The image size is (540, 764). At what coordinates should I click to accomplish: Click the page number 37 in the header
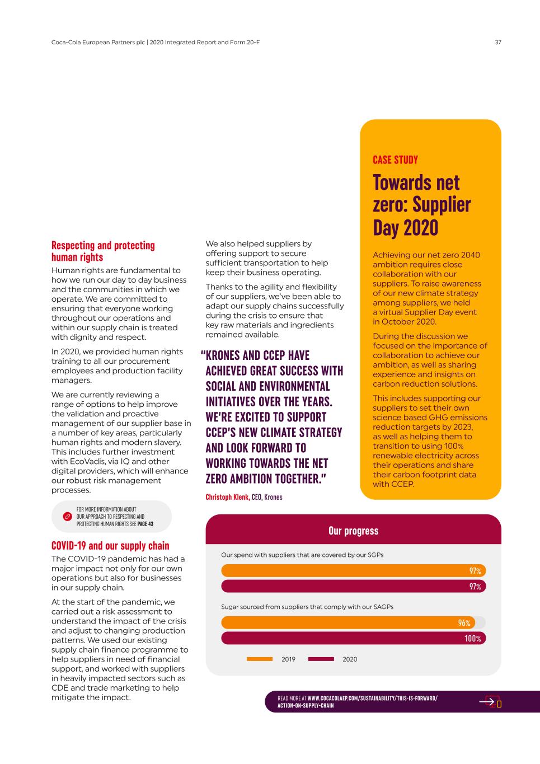[498, 42]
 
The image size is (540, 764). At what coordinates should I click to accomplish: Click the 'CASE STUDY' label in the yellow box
[395, 160]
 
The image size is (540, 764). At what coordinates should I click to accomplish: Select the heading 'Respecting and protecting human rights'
[103, 251]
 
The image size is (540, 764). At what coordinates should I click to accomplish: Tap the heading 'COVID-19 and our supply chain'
[110, 546]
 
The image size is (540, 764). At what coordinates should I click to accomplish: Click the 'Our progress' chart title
[353, 531]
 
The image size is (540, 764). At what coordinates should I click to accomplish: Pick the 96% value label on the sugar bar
[464, 623]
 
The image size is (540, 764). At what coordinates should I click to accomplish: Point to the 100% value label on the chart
[472, 639]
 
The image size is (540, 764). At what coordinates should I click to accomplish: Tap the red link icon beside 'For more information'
[67, 517]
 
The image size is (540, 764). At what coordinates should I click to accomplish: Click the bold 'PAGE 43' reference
[145, 524]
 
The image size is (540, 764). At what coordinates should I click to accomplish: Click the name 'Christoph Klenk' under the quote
[227, 497]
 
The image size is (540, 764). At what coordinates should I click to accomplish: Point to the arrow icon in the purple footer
[489, 702]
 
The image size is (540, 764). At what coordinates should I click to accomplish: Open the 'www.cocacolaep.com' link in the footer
[372, 698]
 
